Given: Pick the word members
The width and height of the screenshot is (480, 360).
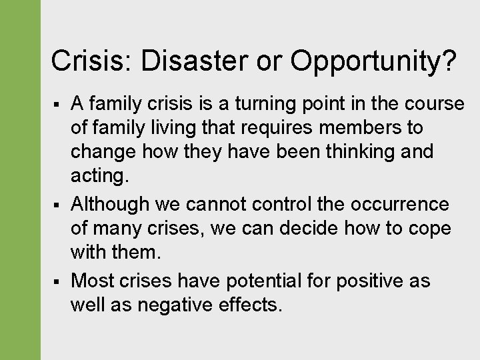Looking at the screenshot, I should [369, 127].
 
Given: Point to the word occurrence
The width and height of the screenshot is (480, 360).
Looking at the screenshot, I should [411, 203].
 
